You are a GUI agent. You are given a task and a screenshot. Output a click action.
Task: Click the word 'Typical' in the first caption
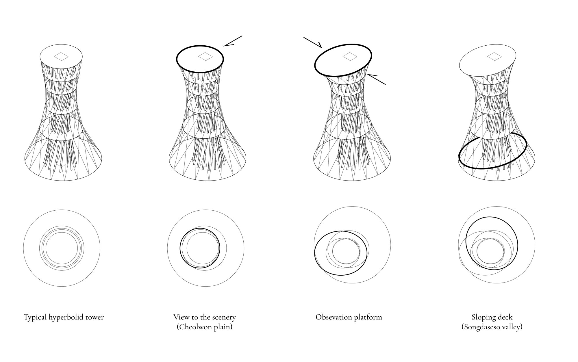click(x=35, y=317)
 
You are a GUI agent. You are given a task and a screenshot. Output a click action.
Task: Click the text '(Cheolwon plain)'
click(x=205, y=327)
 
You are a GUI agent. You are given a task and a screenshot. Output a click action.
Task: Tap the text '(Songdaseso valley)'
click(x=492, y=327)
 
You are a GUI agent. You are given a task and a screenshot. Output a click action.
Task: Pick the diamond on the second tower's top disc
click(x=205, y=56)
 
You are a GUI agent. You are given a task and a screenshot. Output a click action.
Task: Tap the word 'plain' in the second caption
click(x=223, y=327)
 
